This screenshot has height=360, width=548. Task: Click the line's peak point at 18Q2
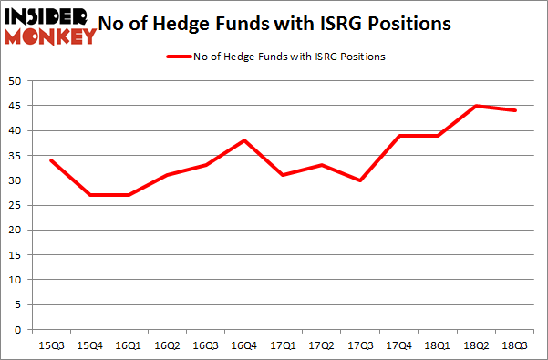click(x=477, y=106)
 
